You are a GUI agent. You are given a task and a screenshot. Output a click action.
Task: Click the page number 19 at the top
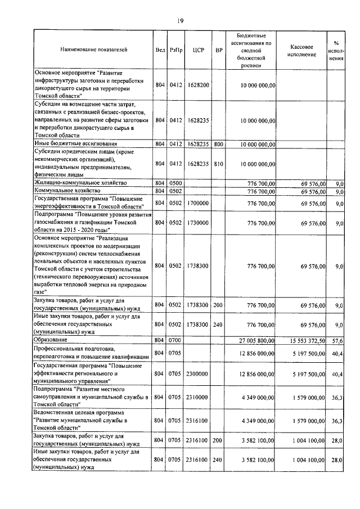180,21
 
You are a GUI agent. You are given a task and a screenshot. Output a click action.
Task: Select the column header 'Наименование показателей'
94,50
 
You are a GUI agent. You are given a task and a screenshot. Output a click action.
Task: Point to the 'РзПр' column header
176,50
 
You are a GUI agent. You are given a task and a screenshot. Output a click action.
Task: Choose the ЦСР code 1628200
198,85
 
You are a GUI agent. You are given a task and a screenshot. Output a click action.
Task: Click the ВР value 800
218,144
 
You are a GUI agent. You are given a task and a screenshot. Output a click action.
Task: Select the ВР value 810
218,164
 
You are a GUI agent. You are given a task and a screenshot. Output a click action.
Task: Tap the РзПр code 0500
176,183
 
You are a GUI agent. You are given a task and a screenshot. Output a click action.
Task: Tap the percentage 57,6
337,340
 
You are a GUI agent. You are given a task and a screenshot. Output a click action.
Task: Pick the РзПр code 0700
176,340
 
